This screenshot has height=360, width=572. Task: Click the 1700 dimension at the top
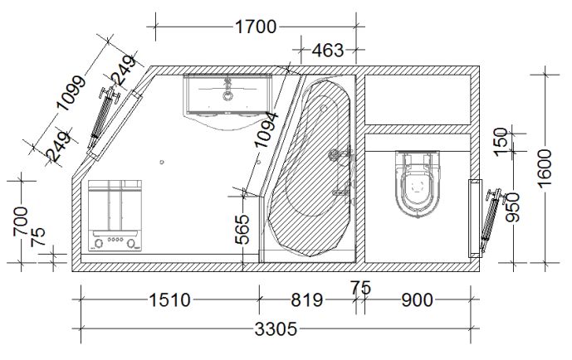click(x=256, y=27)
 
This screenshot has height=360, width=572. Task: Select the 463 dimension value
click(x=328, y=51)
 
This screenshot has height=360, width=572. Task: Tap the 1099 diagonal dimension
click(x=72, y=93)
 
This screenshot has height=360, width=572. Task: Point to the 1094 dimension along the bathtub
click(x=266, y=130)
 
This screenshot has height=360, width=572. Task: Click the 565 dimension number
click(x=242, y=230)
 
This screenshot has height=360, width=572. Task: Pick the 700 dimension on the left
click(x=21, y=221)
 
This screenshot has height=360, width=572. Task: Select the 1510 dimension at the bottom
click(x=169, y=300)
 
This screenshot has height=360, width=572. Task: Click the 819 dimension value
click(x=307, y=300)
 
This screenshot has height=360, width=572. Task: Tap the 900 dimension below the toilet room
click(x=418, y=300)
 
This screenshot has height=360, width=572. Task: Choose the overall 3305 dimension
click(x=276, y=329)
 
